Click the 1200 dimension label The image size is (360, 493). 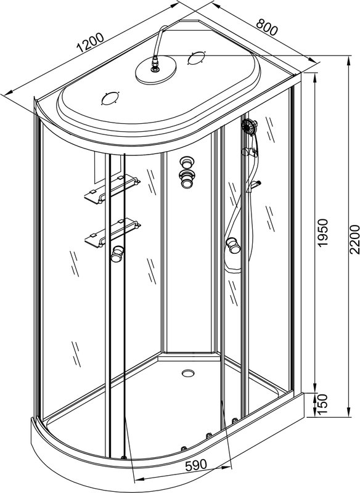point(90,43)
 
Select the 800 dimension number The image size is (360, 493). point(267,27)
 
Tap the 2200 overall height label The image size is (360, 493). point(354,239)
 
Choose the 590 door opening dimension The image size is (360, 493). point(196,465)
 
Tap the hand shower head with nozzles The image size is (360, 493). point(249,126)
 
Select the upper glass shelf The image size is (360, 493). point(112,189)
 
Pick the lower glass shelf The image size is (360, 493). point(112,233)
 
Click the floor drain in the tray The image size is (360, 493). point(188,373)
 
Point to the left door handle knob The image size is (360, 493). point(117,254)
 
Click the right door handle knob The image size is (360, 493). point(233,245)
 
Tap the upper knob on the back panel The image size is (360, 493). point(187,162)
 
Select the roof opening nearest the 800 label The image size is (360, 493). point(196,58)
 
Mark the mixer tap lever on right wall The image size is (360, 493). point(255,186)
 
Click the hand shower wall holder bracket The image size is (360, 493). point(249,152)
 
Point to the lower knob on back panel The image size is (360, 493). point(186,179)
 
